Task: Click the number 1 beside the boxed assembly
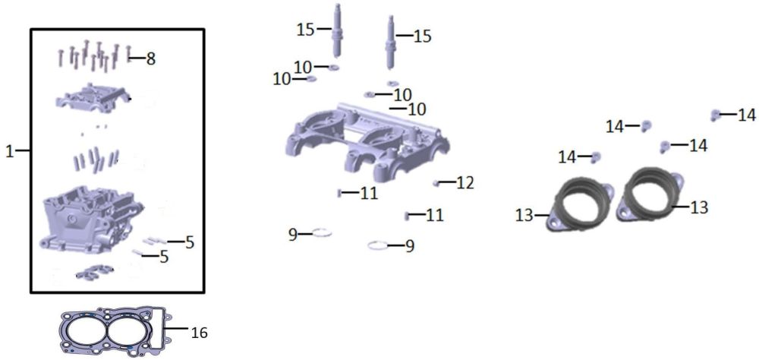click(x=10, y=151)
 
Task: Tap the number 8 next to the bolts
click(x=151, y=59)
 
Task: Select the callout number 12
click(x=466, y=183)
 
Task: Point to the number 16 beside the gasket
click(x=199, y=333)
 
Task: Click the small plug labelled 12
click(x=436, y=183)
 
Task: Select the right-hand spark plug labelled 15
click(x=391, y=42)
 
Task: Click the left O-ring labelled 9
click(x=321, y=232)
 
